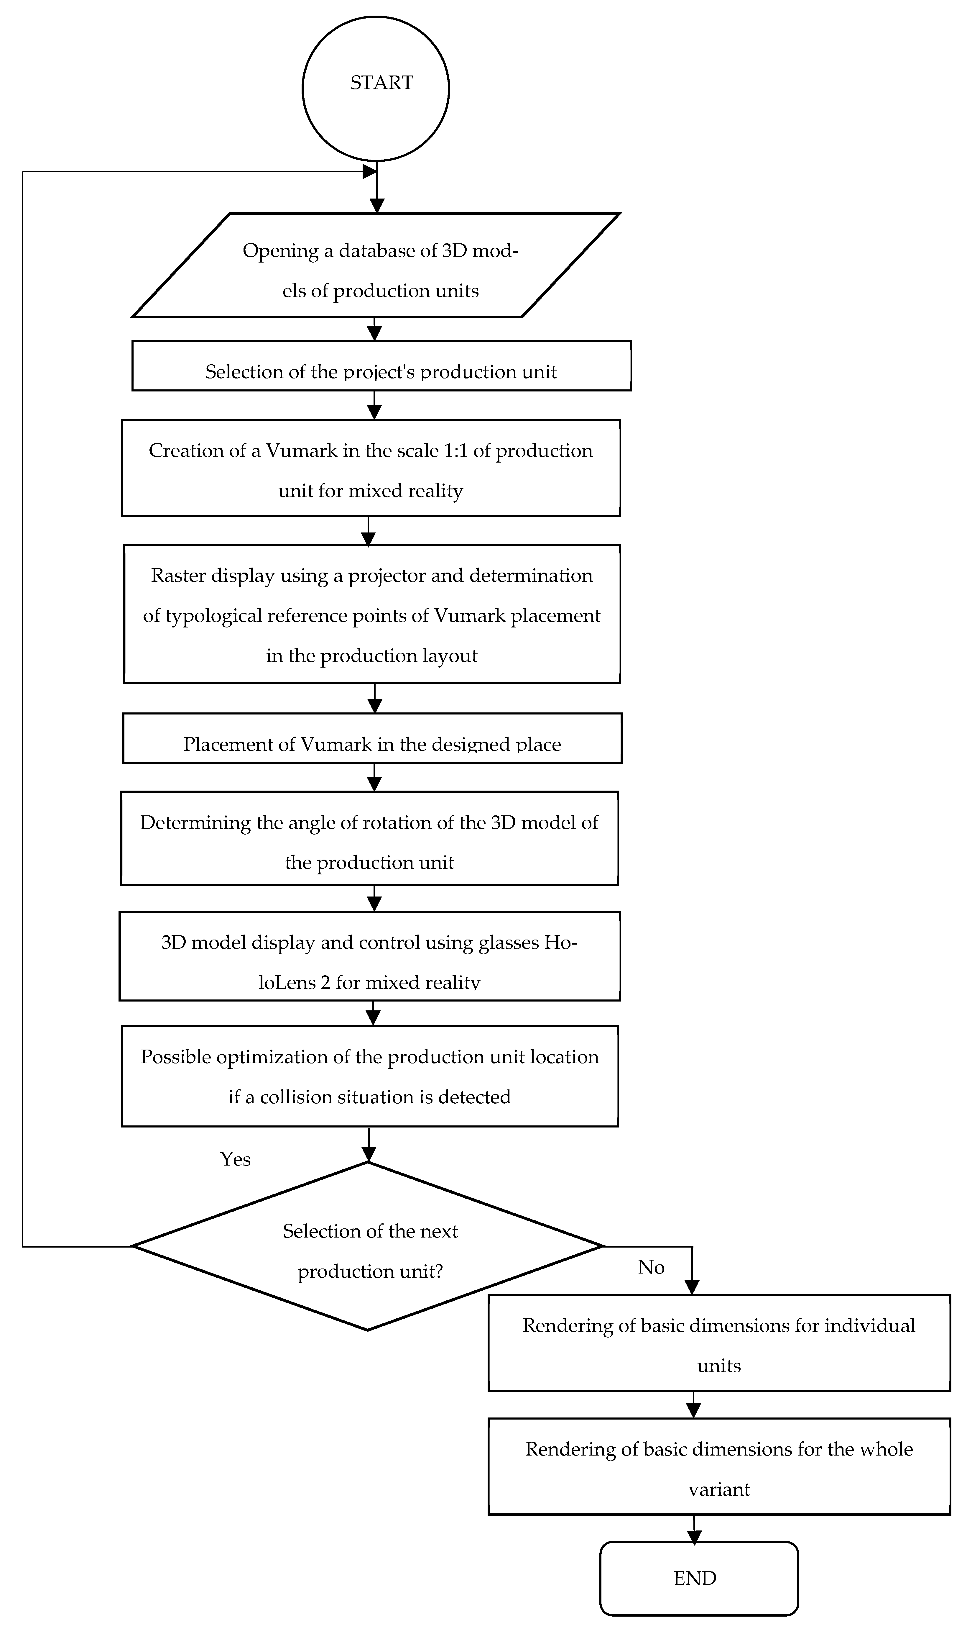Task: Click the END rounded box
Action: click(x=698, y=1578)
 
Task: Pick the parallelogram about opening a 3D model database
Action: click(x=375, y=265)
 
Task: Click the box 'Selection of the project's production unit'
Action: click(x=381, y=366)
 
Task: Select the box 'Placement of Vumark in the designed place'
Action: click(x=372, y=739)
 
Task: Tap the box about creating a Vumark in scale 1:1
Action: click(x=371, y=468)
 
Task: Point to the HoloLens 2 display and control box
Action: click(x=369, y=956)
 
